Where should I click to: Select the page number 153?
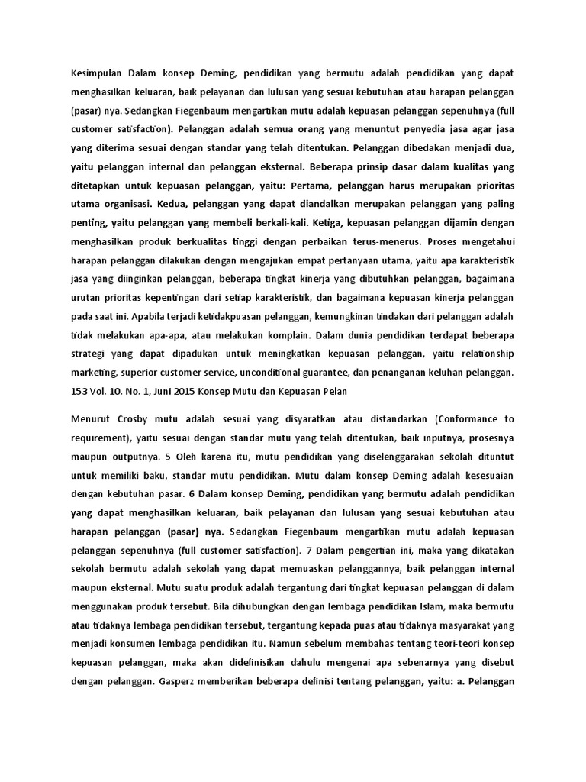[78, 391]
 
